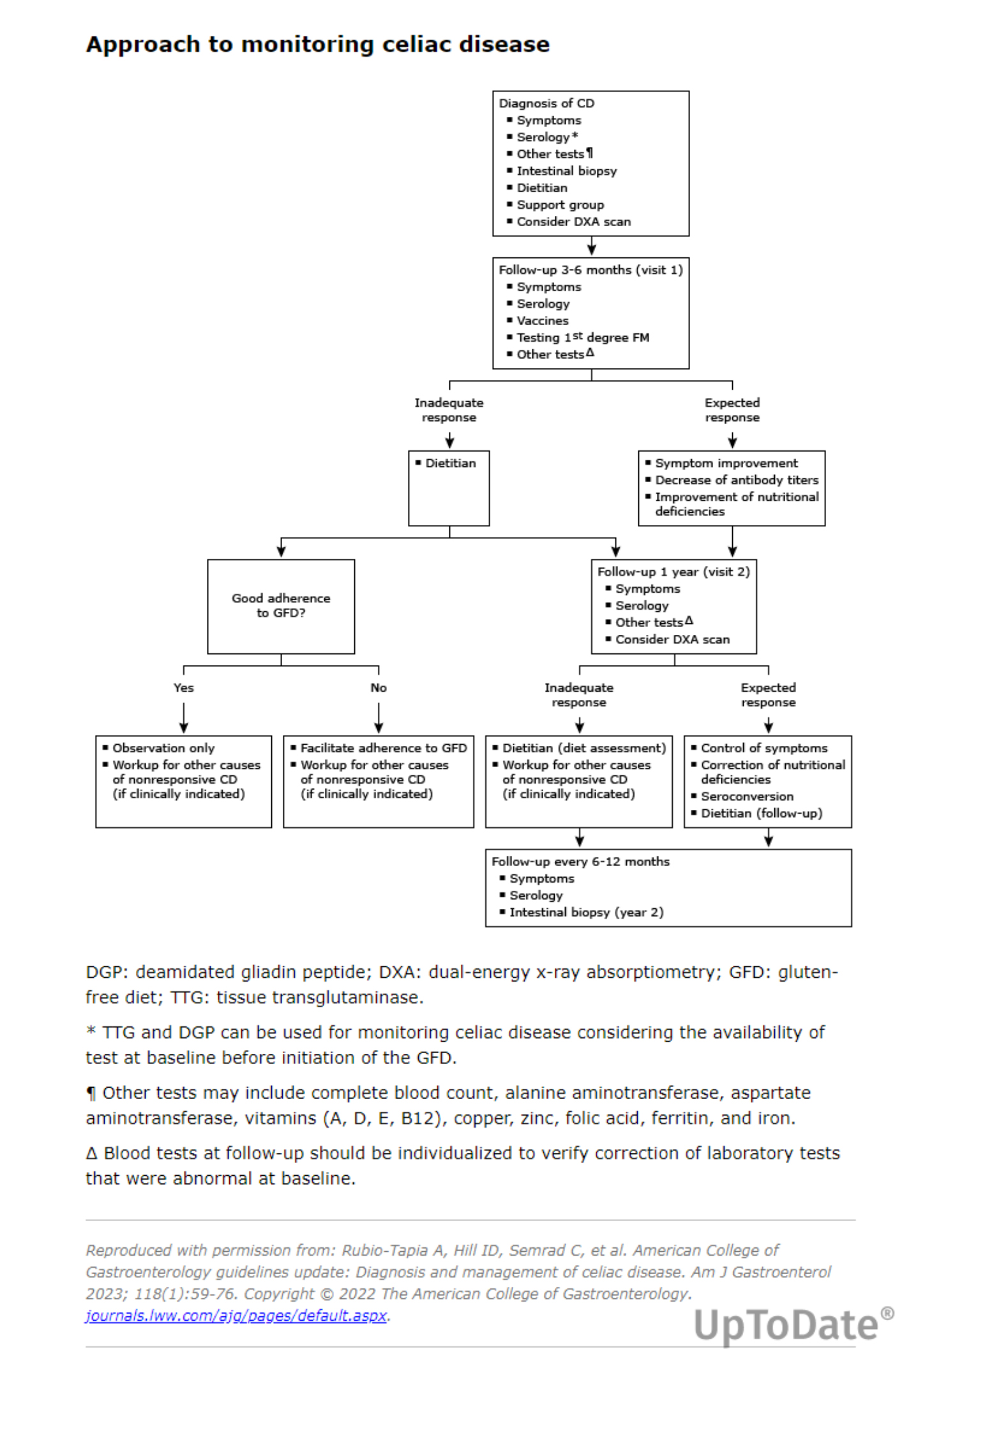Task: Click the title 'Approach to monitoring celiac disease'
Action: [317, 45]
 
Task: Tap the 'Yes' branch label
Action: [183, 687]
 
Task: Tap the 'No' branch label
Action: [379, 687]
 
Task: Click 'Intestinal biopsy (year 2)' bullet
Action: [586, 912]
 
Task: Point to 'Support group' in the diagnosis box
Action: [560, 204]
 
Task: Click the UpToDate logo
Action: [793, 1325]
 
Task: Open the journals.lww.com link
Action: [236, 1316]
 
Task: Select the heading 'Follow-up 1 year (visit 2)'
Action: [673, 572]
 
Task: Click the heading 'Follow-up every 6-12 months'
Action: [580, 862]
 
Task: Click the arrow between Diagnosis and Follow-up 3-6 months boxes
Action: [592, 246]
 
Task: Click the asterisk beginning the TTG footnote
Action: [91, 1031]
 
